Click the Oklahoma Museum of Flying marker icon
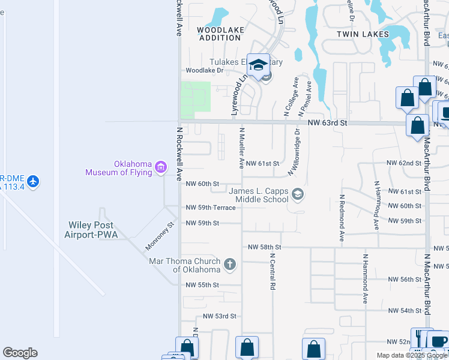[x=160, y=167]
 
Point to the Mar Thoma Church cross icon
[x=229, y=264]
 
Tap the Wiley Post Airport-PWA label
[x=91, y=230]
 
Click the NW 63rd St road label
[x=328, y=122]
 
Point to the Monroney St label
[x=159, y=236]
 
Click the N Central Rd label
[x=272, y=274]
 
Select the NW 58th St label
[x=265, y=247]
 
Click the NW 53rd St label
[x=220, y=316]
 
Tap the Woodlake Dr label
[x=204, y=70]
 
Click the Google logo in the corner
[x=20, y=353]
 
